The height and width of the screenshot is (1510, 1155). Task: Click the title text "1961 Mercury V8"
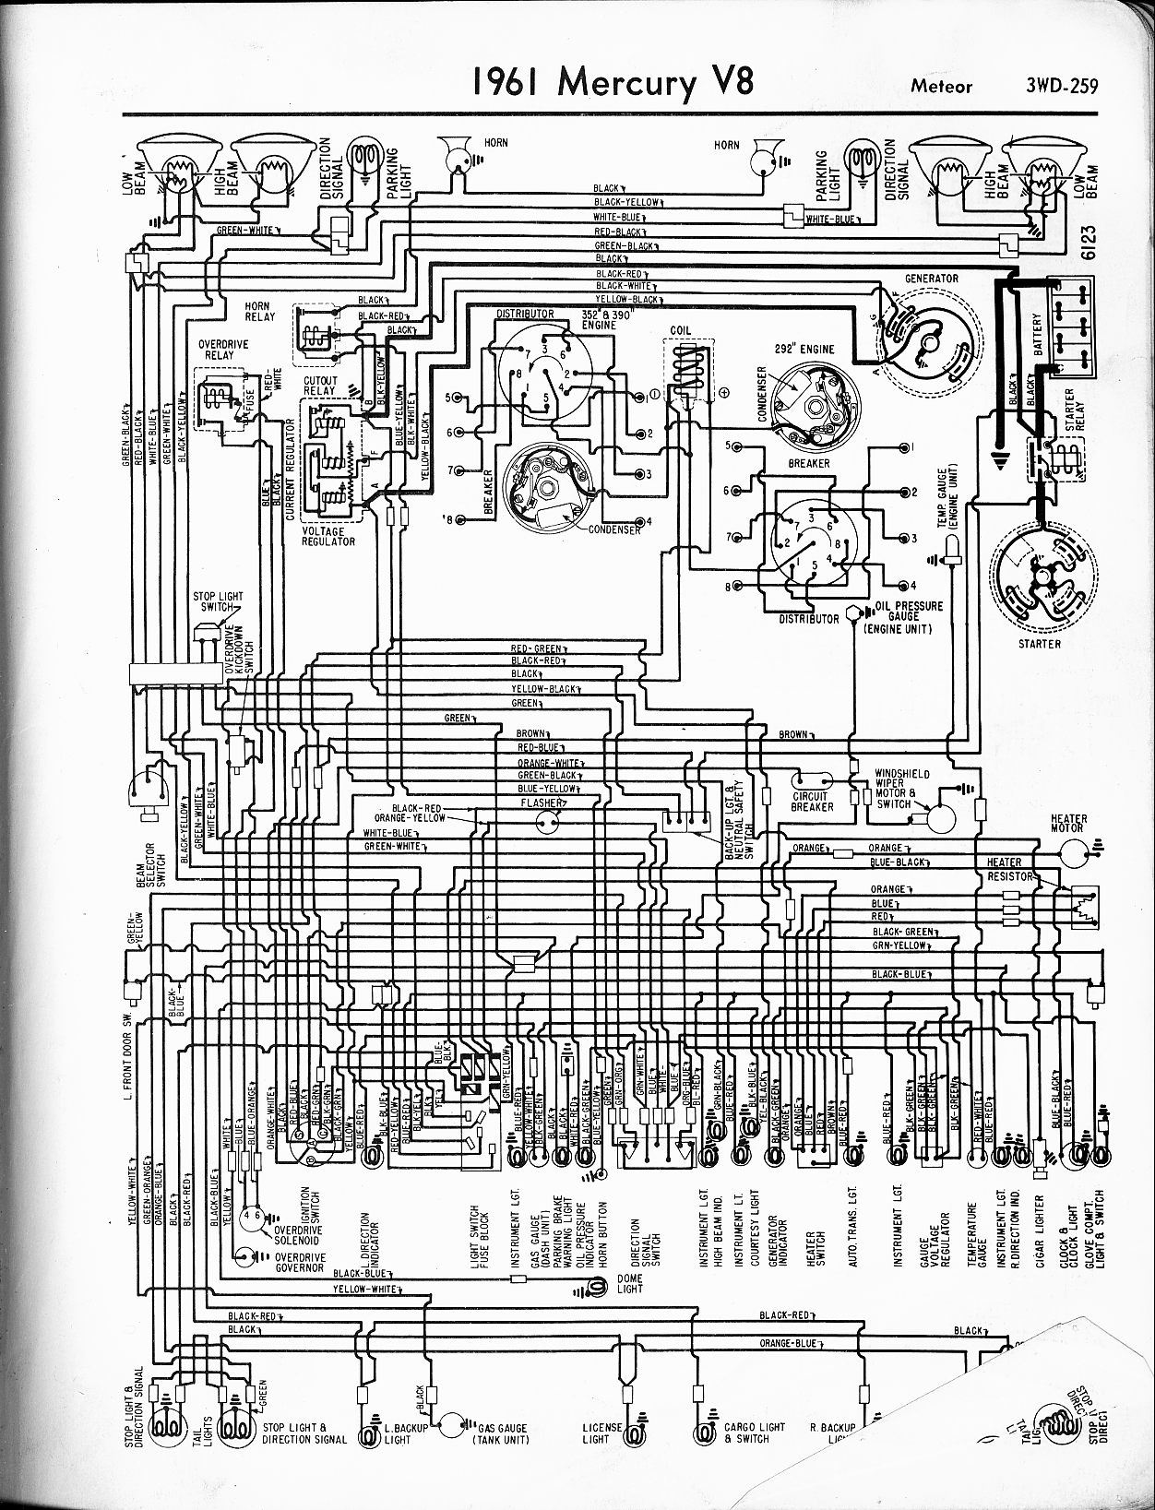point(613,82)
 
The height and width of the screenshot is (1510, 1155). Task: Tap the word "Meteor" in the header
point(942,87)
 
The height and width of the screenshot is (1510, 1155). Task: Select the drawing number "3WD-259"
point(1061,87)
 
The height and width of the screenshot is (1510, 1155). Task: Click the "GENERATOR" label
point(931,278)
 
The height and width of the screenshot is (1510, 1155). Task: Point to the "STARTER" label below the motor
point(1040,643)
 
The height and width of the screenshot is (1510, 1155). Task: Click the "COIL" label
point(682,330)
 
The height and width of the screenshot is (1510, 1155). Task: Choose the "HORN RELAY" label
point(259,312)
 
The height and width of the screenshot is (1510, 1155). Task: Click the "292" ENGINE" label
point(804,349)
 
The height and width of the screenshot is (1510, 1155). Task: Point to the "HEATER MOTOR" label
point(1068,823)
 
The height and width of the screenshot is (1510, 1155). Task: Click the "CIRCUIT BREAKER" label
point(813,802)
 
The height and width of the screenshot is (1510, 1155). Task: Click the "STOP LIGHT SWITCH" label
point(218,601)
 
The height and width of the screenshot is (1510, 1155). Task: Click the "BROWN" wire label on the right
point(793,734)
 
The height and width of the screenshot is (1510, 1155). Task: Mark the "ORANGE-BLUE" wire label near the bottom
point(789,1344)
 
